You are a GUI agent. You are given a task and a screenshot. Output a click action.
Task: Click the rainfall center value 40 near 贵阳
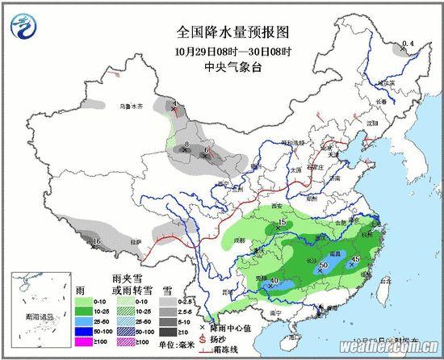click(275, 280)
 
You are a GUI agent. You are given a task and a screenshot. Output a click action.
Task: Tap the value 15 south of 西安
click(283, 222)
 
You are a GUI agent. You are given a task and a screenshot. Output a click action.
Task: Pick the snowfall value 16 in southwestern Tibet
click(96, 241)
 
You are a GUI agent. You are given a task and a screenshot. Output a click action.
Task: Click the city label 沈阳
click(372, 123)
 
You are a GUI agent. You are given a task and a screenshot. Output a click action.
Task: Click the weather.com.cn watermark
click(385, 346)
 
